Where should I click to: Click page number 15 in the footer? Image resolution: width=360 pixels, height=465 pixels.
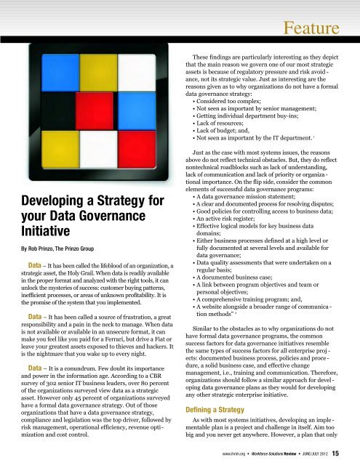coord(346,456)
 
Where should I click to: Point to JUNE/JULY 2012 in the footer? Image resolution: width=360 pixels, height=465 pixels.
coord(321,456)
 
